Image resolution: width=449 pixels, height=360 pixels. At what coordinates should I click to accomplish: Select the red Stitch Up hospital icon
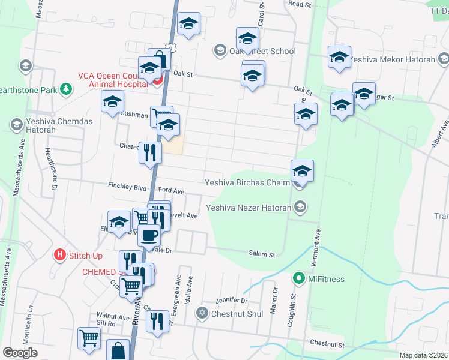pyautogui.click(x=59, y=254)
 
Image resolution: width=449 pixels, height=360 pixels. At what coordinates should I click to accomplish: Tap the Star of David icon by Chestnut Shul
pyautogui.click(x=202, y=314)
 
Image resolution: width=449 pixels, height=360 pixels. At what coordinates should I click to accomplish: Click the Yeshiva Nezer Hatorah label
pyautogui.click(x=248, y=208)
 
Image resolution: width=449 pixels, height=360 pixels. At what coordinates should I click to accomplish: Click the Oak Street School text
pyautogui.click(x=262, y=51)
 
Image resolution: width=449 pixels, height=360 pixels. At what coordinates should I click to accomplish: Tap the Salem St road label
pyautogui.click(x=262, y=254)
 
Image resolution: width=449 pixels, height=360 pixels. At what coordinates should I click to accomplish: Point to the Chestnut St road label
pyautogui.click(x=327, y=345)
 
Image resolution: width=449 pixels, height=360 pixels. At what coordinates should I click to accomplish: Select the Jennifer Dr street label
pyautogui.click(x=232, y=300)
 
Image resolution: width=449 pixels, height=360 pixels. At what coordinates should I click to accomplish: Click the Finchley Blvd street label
pyautogui.click(x=127, y=187)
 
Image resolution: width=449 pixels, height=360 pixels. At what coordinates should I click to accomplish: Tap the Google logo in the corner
pyautogui.click(x=20, y=353)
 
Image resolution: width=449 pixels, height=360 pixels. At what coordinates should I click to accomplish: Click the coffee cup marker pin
pyautogui.click(x=149, y=235)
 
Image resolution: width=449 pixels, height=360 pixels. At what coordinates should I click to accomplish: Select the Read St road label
pyautogui.click(x=300, y=4)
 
